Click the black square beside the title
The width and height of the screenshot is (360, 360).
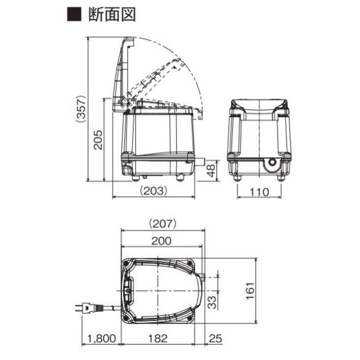74,15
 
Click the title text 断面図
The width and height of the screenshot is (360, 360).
112,15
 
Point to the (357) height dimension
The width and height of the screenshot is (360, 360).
81,109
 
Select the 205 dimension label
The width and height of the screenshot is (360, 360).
98,140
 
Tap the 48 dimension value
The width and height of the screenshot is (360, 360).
211,171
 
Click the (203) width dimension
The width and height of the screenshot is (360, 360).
154,191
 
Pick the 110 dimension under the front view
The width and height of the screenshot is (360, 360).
259,192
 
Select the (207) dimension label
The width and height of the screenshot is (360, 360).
162,224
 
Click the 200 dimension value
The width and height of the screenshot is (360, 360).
161,241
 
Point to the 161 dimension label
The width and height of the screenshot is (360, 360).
250,291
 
